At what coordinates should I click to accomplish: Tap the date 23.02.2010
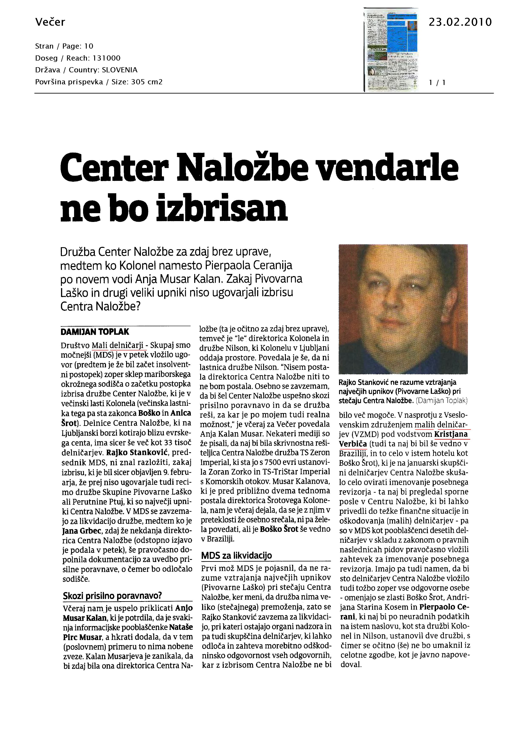point(460,22)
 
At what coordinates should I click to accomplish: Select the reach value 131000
point(107,58)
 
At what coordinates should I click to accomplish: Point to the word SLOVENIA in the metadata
point(119,70)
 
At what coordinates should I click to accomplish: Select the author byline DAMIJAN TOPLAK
point(95,332)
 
